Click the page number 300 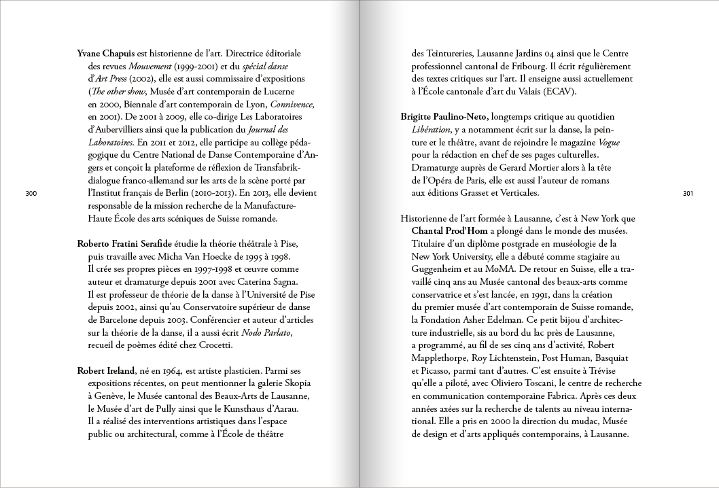coord(31,194)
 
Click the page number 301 coord(687,194)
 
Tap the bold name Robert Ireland coord(105,370)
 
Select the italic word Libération coord(432,130)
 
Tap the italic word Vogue coord(608,143)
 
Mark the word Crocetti coord(212,345)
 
